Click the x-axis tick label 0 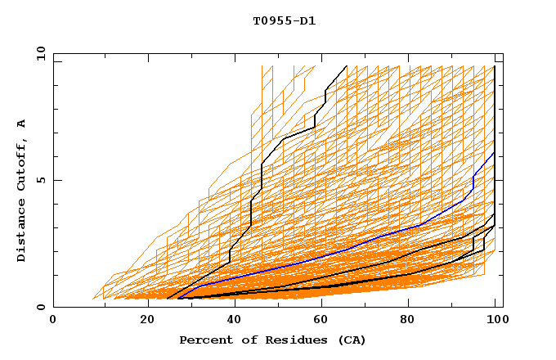53,319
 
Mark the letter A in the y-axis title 22,124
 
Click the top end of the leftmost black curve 347,65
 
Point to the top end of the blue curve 494,152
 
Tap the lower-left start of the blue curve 179,298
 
